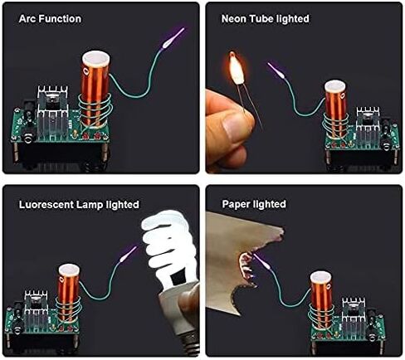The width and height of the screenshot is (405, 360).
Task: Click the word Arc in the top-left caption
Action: click(27, 19)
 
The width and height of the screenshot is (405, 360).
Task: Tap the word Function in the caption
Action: click(60, 19)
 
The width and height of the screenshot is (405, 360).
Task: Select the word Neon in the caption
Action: click(234, 19)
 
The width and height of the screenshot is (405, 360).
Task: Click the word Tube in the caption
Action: click(261, 19)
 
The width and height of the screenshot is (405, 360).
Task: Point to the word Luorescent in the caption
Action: click(46, 205)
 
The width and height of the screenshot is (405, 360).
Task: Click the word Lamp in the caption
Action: click(90, 205)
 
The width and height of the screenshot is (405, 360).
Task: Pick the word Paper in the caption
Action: click(237, 205)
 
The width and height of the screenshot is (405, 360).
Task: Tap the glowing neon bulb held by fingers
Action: click(237, 68)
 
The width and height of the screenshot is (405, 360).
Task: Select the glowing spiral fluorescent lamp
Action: click(168, 249)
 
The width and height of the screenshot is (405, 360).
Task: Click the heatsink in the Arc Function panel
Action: click(52, 112)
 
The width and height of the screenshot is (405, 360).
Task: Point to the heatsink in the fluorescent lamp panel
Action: click(36, 309)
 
